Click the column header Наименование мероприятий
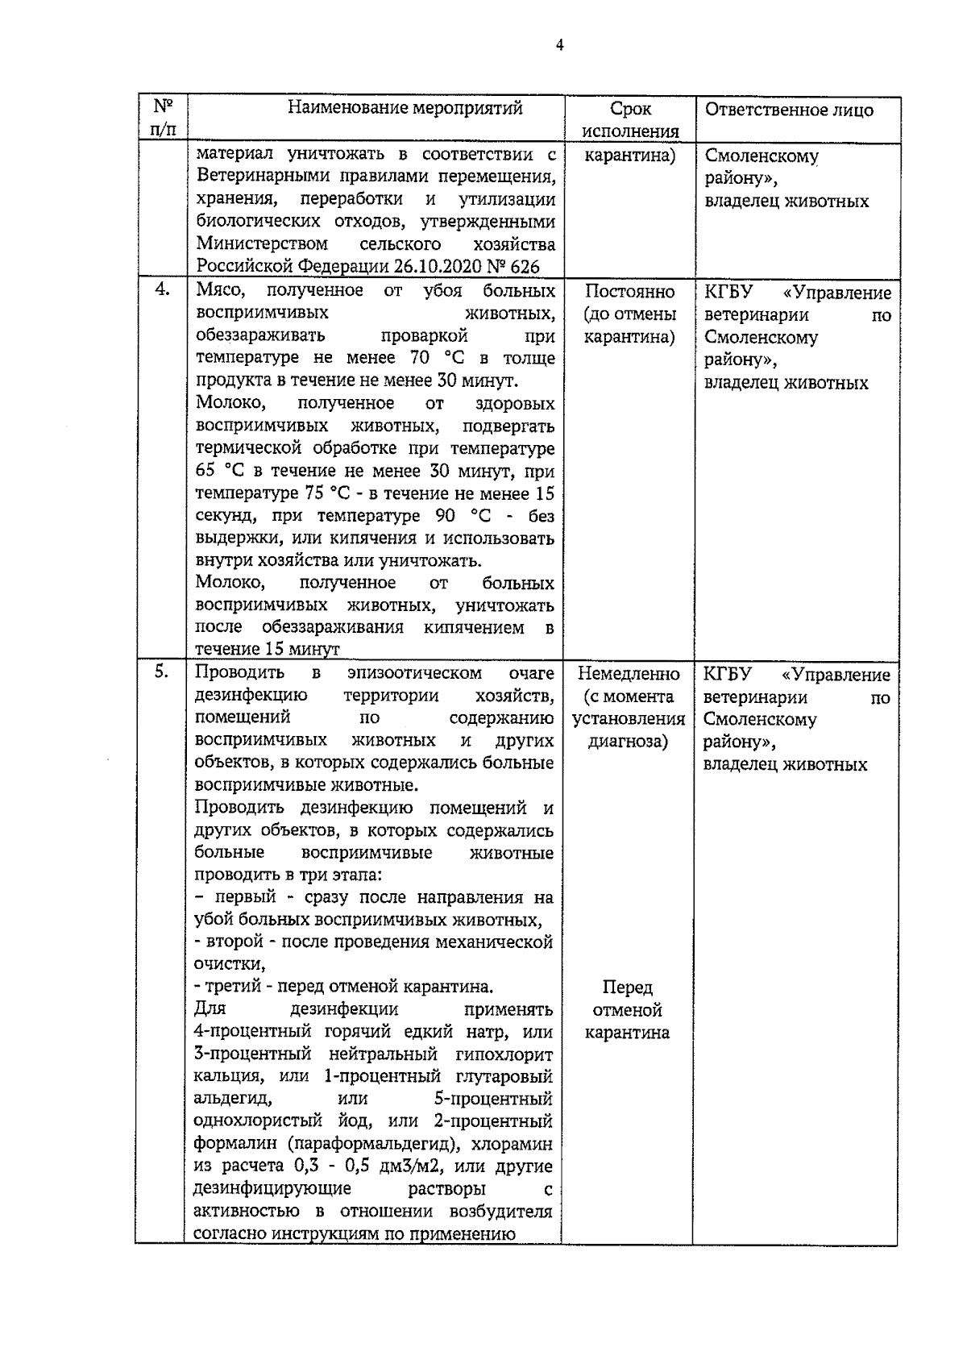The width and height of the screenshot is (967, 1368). coord(405,108)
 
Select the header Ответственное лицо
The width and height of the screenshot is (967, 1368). coord(788,110)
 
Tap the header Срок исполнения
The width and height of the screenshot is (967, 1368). coord(630,120)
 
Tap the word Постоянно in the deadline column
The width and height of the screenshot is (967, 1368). coord(629,292)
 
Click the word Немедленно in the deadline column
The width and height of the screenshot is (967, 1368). coord(629,674)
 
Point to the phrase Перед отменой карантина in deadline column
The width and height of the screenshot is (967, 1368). coord(627,1010)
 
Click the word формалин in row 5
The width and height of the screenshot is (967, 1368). coord(234,1144)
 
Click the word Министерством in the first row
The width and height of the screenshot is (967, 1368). coord(262,244)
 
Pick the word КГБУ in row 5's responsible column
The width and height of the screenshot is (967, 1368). coord(726,674)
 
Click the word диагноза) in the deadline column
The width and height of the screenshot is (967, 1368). coord(628,742)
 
